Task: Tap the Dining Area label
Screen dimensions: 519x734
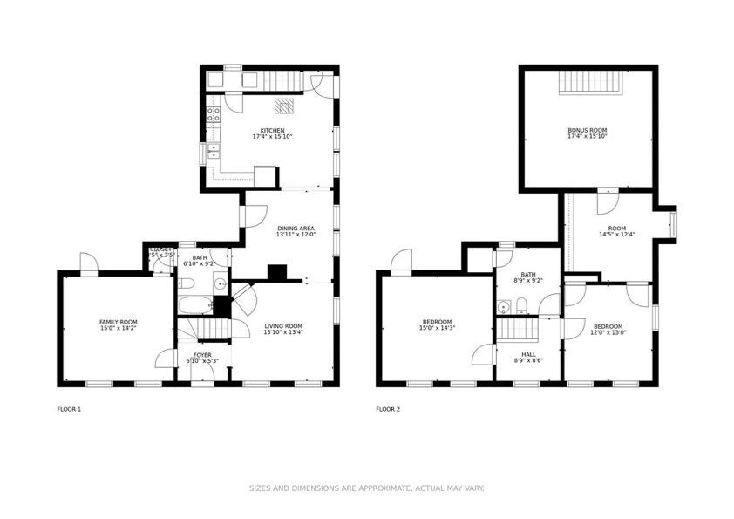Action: point(296,230)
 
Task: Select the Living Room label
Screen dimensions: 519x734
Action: point(283,329)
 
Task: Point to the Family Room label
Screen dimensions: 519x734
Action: point(118,324)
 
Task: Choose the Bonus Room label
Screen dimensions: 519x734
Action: point(588,133)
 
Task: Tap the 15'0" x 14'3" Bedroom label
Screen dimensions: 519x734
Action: point(437,324)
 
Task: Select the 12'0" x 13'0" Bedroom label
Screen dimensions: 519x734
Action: point(608,329)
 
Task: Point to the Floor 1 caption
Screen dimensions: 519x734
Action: point(69,408)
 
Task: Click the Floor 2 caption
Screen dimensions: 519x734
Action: point(388,408)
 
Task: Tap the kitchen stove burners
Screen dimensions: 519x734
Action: point(213,116)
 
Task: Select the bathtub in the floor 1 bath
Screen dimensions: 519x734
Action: point(194,305)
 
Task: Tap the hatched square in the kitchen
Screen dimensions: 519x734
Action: point(285,106)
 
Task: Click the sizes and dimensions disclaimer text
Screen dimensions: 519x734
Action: point(367,488)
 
